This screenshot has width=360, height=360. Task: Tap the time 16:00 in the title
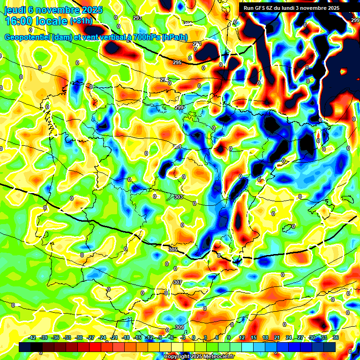(20, 21)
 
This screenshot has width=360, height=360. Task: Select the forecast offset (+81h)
(81, 21)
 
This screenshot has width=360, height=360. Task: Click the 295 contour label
(177, 62)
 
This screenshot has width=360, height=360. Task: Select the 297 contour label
(165, 80)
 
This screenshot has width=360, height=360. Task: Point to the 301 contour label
(177, 147)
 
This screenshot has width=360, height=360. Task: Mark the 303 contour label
(178, 197)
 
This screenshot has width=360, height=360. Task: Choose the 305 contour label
(173, 250)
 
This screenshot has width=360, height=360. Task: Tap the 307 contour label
(177, 282)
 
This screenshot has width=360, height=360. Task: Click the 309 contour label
(179, 327)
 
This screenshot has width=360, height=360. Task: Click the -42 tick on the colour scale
(32, 337)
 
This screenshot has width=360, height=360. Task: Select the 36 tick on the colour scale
(335, 337)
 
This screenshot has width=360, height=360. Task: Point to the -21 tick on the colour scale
(114, 337)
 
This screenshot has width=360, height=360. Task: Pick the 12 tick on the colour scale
(241, 337)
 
